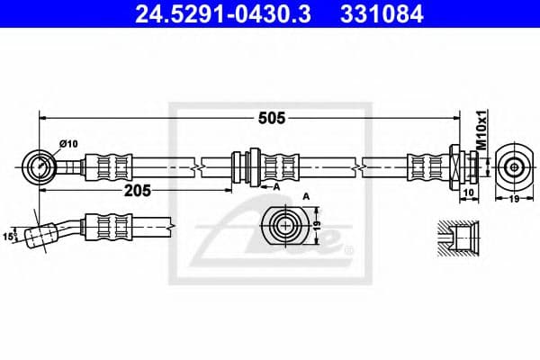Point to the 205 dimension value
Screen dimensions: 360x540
137,191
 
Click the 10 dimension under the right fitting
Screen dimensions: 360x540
467,193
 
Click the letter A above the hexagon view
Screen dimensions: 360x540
307,195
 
